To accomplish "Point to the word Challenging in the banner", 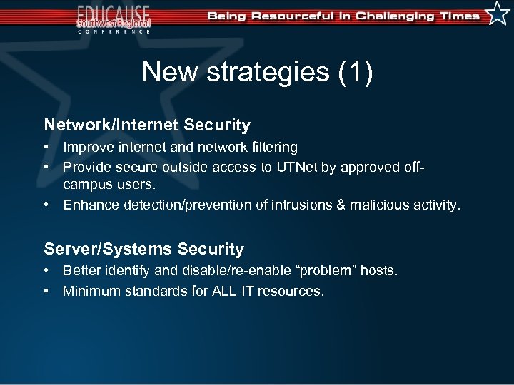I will pos(396,16).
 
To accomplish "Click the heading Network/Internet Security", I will pos(147,125).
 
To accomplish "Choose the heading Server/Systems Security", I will pos(143,249).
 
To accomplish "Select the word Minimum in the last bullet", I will pos(92,291).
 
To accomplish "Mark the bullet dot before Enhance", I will pos(46,205).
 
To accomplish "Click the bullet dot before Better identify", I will pos(46,271).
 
